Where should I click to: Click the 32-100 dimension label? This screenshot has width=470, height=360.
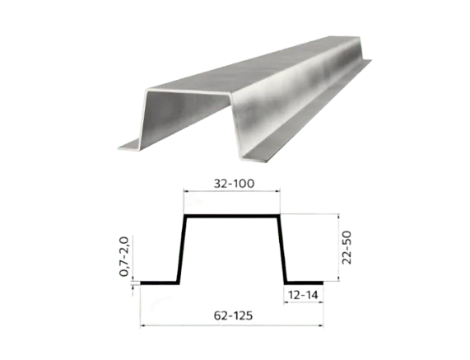click(234, 184)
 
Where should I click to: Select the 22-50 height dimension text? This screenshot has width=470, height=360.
click(347, 247)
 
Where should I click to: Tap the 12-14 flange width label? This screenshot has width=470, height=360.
click(303, 295)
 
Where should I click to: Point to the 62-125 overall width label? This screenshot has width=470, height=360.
click(233, 316)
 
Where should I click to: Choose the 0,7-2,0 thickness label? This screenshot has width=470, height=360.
click(123, 256)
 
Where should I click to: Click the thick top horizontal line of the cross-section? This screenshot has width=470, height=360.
click(232, 216)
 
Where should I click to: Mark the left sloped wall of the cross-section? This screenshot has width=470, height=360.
click(182, 249)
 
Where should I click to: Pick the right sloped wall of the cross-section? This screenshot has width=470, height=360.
click(282, 249)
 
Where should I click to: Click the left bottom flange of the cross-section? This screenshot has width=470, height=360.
click(160, 283)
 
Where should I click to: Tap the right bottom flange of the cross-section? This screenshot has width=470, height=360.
click(304, 283)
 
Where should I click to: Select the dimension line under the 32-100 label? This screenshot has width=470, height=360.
click(232, 190)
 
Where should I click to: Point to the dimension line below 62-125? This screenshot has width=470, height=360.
click(231, 325)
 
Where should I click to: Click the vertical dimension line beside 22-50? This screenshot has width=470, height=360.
click(338, 247)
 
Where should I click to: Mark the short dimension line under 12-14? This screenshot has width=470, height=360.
click(304, 302)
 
